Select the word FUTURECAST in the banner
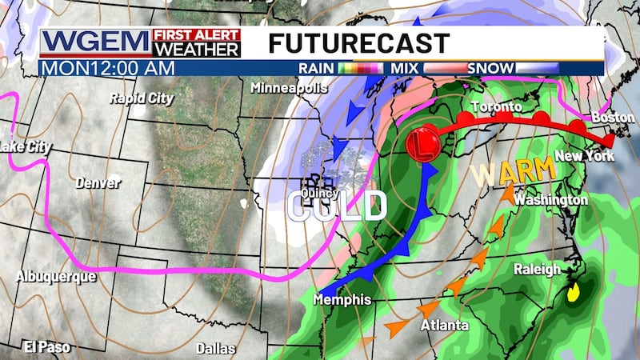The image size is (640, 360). (x=359, y=42)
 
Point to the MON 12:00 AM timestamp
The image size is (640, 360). (x=107, y=68)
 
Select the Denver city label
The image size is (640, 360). (x=98, y=183)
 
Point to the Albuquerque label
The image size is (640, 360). (x=55, y=276)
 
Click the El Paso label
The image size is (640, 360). (x=47, y=346)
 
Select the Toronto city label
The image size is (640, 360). (x=496, y=106)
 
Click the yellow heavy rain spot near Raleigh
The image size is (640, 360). (x=574, y=294)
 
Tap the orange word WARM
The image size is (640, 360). (x=513, y=171)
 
